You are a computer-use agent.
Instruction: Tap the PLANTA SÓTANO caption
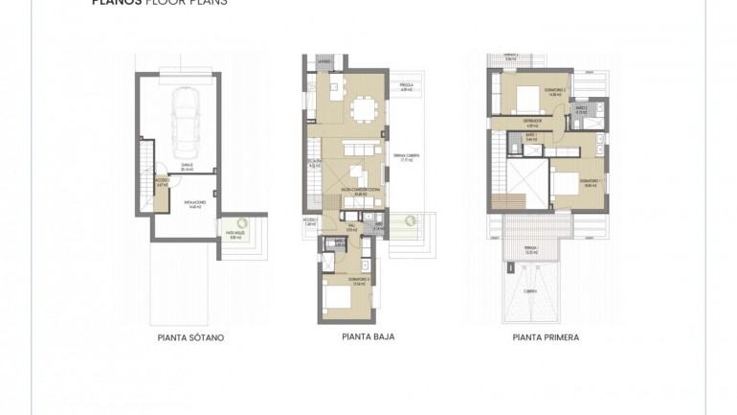pyautogui.click(x=190, y=338)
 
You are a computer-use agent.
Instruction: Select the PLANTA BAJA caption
pyautogui.click(x=368, y=337)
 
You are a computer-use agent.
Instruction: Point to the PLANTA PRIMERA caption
pyautogui.click(x=546, y=337)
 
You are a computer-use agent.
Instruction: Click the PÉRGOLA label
pyautogui.click(x=406, y=88)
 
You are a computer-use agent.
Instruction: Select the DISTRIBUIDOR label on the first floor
pyautogui.click(x=533, y=123)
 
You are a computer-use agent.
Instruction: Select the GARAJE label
pyautogui.click(x=188, y=167)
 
